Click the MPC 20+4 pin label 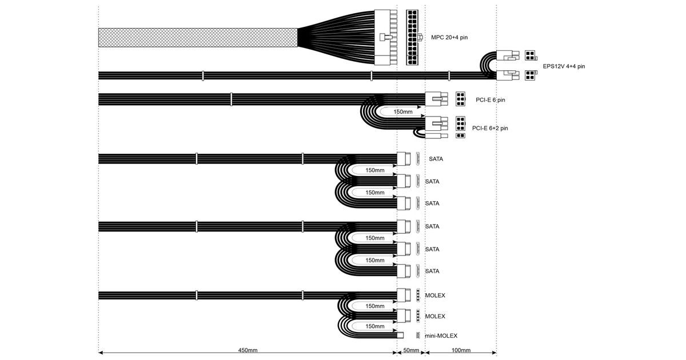point(449,37)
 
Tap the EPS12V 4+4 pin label point(564,66)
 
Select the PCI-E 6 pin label point(490,100)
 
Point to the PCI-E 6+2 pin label point(490,128)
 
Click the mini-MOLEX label point(441,335)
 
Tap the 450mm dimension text point(248,350)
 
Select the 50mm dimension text point(411,350)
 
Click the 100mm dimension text point(461,350)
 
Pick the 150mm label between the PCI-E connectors point(403,112)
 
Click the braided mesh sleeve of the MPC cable point(198,38)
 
